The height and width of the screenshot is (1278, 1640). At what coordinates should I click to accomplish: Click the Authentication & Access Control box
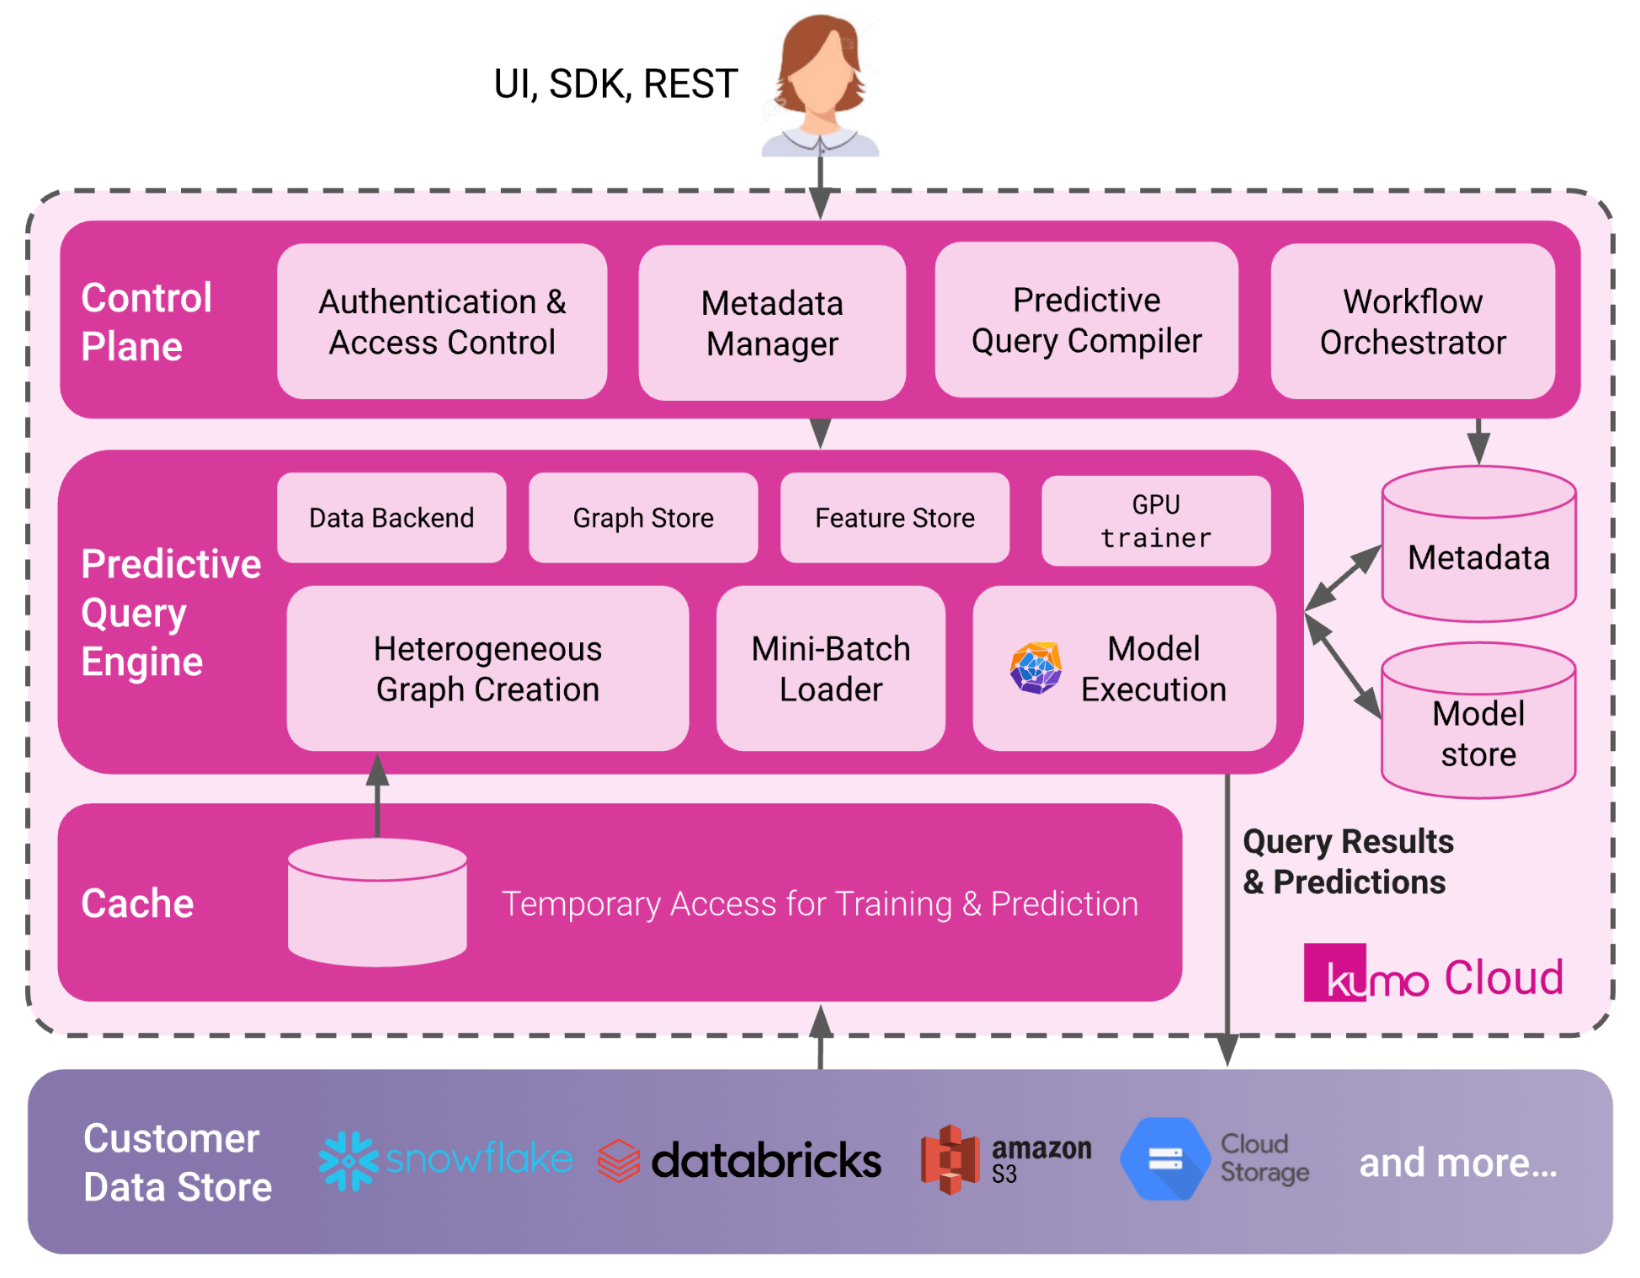(x=442, y=322)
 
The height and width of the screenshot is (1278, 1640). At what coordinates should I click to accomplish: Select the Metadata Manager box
(x=772, y=322)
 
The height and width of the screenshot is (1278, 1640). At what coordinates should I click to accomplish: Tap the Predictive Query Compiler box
(x=1086, y=320)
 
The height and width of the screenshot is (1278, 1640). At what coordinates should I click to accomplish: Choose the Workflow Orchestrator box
(x=1413, y=322)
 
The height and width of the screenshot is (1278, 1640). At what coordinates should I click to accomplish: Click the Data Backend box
(x=391, y=518)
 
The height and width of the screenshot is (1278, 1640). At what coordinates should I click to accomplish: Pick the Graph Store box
(x=643, y=518)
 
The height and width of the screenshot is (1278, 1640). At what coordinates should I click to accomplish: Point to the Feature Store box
(x=895, y=518)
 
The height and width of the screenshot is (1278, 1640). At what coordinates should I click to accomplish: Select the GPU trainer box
(x=1156, y=521)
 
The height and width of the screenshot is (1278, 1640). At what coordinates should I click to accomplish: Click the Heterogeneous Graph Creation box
(x=487, y=668)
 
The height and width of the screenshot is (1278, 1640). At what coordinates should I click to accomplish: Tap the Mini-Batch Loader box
(x=831, y=668)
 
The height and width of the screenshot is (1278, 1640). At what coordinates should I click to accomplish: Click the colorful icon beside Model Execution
(x=1036, y=668)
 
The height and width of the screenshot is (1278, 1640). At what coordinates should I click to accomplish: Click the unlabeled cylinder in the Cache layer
(x=377, y=903)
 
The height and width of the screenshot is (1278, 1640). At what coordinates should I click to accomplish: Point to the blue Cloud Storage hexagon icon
(x=1165, y=1159)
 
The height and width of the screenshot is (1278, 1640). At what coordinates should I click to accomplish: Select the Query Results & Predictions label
(x=1348, y=861)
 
